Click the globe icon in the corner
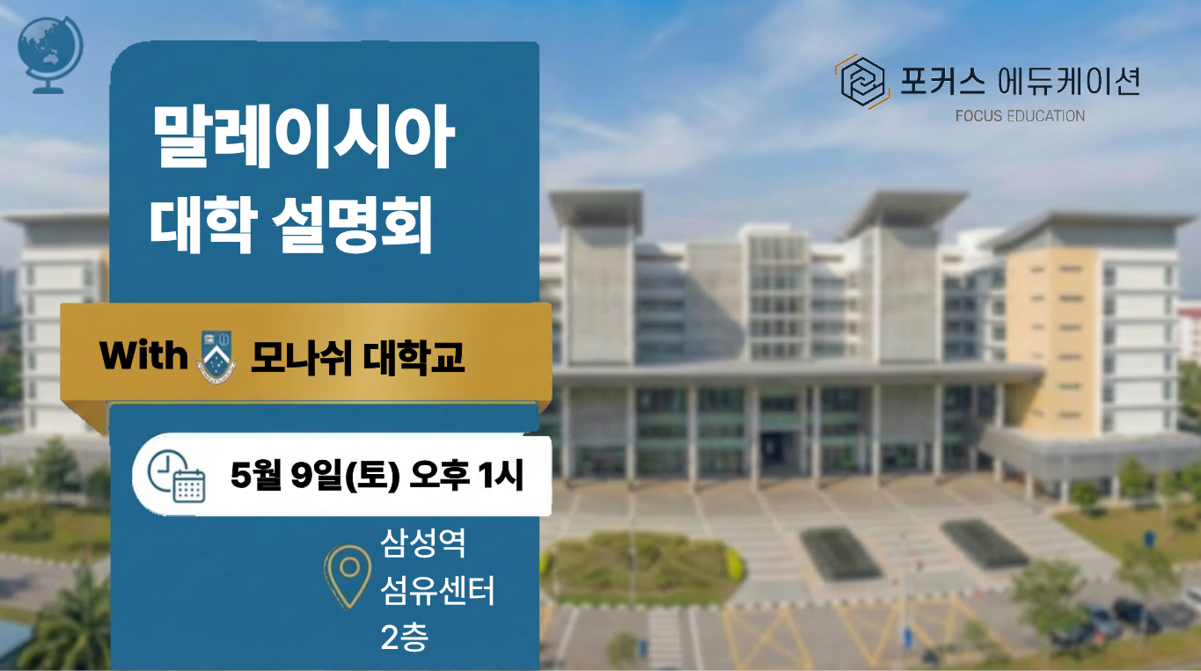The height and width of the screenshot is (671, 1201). coord(50,55)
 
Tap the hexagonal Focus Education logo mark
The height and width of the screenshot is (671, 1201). coord(862,81)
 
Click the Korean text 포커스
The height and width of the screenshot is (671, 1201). coord(942,82)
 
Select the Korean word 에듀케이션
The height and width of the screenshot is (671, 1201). coord(1068,82)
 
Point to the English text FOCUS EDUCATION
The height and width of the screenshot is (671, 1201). coord(1020,116)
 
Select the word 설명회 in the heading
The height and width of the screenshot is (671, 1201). coord(352,224)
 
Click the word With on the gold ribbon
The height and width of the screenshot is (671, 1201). coord(143,355)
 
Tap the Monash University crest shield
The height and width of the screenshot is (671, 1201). coord(216,356)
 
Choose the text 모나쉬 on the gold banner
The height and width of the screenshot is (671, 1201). coord(301,357)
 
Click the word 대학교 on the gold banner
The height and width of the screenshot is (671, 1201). coord(414,357)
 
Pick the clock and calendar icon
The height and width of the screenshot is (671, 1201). coord(176,476)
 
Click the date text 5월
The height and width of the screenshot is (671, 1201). coord(256,475)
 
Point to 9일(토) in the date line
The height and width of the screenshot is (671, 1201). coord(345,476)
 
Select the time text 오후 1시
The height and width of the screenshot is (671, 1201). coord(466,475)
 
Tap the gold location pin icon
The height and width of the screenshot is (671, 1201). coord(348,576)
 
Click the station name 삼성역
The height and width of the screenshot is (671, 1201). coord(423,543)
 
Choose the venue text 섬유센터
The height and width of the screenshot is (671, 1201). coord(437,590)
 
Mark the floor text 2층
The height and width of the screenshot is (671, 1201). coord(405,637)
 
